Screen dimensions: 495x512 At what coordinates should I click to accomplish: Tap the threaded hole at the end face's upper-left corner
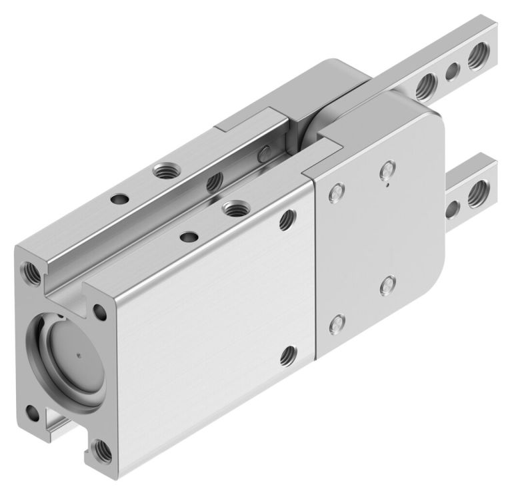point(30,270)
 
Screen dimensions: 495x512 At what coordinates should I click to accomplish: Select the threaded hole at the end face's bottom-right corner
point(102,450)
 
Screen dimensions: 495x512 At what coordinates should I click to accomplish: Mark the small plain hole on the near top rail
point(189,236)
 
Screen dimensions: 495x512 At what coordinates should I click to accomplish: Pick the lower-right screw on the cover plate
point(385,288)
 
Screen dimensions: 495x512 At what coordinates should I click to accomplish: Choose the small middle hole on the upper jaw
point(452,70)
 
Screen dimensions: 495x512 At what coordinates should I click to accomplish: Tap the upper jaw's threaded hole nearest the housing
point(424,85)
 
